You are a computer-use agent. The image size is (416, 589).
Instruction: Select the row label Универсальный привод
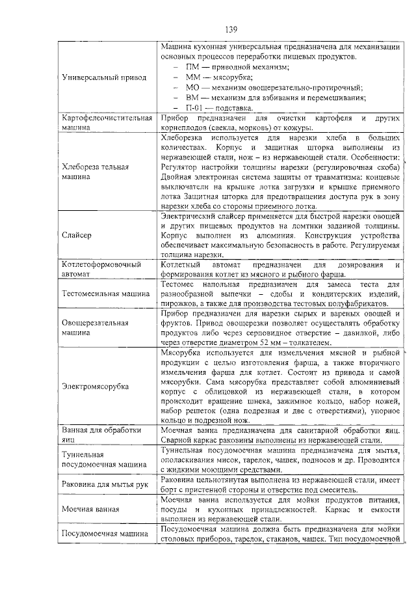[104, 77]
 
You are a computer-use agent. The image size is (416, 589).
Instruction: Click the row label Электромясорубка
[95, 387]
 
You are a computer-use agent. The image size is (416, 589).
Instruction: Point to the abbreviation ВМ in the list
[192, 98]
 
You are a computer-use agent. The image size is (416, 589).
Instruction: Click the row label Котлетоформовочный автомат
[101, 269]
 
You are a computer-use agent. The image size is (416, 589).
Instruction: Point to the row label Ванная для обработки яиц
[101, 435]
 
